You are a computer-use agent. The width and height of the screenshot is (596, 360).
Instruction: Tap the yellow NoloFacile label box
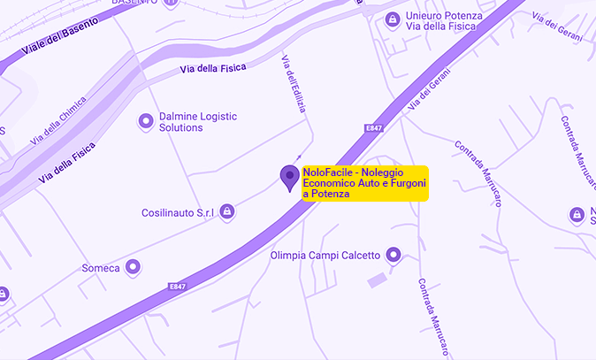(364, 183)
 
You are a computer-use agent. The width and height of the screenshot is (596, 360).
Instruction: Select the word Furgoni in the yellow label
(403, 182)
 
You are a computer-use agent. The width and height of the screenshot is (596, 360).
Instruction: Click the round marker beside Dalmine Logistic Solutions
(146, 119)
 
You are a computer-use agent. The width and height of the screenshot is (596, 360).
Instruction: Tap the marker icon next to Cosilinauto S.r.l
(227, 211)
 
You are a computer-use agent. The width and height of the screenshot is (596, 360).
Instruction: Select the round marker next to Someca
(134, 265)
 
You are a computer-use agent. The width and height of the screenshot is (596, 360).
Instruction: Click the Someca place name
(100, 267)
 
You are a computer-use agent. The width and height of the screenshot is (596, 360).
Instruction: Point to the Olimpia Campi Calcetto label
(325, 256)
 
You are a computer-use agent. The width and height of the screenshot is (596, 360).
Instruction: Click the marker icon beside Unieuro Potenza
(391, 19)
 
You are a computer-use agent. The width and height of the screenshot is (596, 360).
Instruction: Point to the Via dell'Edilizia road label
(293, 84)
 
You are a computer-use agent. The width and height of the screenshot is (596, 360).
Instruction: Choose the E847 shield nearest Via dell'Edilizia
(374, 129)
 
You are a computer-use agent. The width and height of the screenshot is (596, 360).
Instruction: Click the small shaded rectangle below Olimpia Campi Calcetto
(378, 280)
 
